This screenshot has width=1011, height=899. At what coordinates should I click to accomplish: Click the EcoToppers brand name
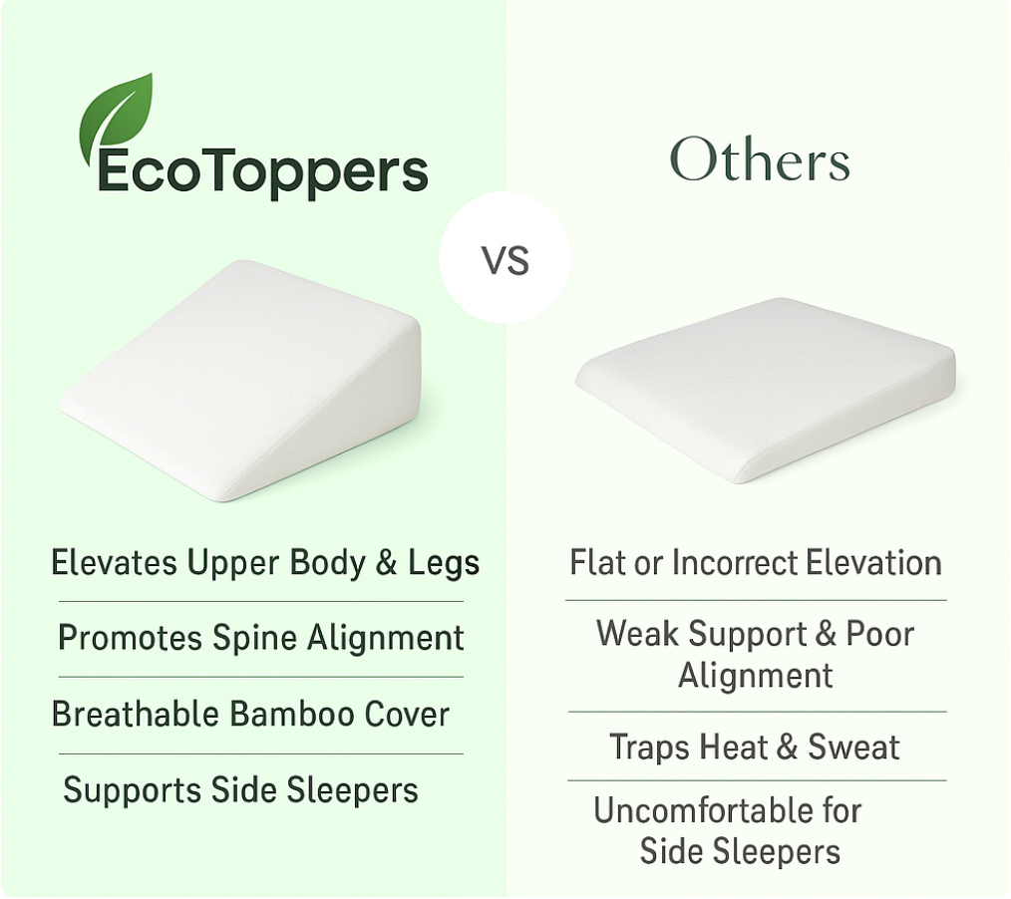[262, 172]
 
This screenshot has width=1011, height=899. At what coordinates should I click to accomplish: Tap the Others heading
[760, 159]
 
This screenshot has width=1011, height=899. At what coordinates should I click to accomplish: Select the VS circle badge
[505, 258]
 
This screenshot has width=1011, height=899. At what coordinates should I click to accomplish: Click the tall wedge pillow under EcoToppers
[241, 380]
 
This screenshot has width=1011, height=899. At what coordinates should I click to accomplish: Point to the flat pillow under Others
[766, 389]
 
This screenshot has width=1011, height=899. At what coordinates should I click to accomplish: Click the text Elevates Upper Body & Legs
[265, 562]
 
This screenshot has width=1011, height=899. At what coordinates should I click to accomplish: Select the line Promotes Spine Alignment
[261, 638]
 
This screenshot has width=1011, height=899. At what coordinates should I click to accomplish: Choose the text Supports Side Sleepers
[240, 790]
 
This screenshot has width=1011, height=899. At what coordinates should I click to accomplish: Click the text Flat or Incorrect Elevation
[756, 562]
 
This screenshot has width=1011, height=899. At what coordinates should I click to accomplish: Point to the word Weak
[637, 634]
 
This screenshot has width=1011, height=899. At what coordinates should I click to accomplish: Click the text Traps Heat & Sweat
[755, 748]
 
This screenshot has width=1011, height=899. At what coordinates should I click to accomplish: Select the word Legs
[444, 564]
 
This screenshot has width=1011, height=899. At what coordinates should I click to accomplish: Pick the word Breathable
[135, 714]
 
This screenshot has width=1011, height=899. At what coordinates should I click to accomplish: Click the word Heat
[733, 748]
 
